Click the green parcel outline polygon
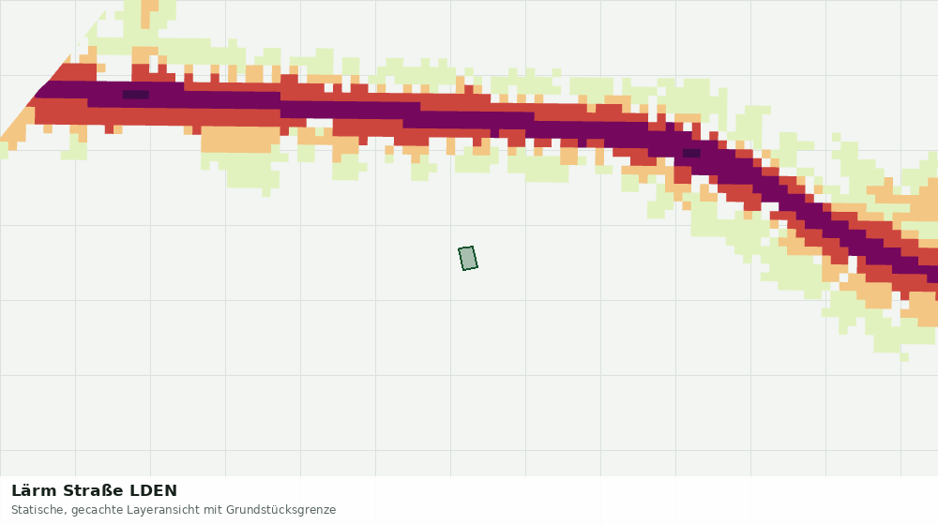click(468, 259)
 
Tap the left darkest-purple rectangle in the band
click(136, 95)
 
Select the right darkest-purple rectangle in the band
click(691, 153)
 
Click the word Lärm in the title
click(35, 491)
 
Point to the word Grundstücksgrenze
click(281, 511)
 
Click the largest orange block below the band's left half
click(240, 140)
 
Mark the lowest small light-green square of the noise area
click(904, 357)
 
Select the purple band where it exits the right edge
click(932, 274)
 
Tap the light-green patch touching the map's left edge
click(4, 149)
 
